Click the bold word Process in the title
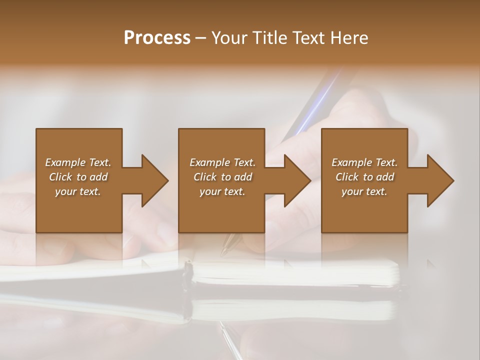tap(157, 38)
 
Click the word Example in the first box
tap(65, 162)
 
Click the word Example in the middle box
tap(209, 162)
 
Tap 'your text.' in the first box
tap(78, 191)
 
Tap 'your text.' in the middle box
tap(222, 191)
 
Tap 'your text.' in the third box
tap(364, 191)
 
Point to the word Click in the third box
tap(347, 177)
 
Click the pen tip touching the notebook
tap(224, 250)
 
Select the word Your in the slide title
tap(227, 38)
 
